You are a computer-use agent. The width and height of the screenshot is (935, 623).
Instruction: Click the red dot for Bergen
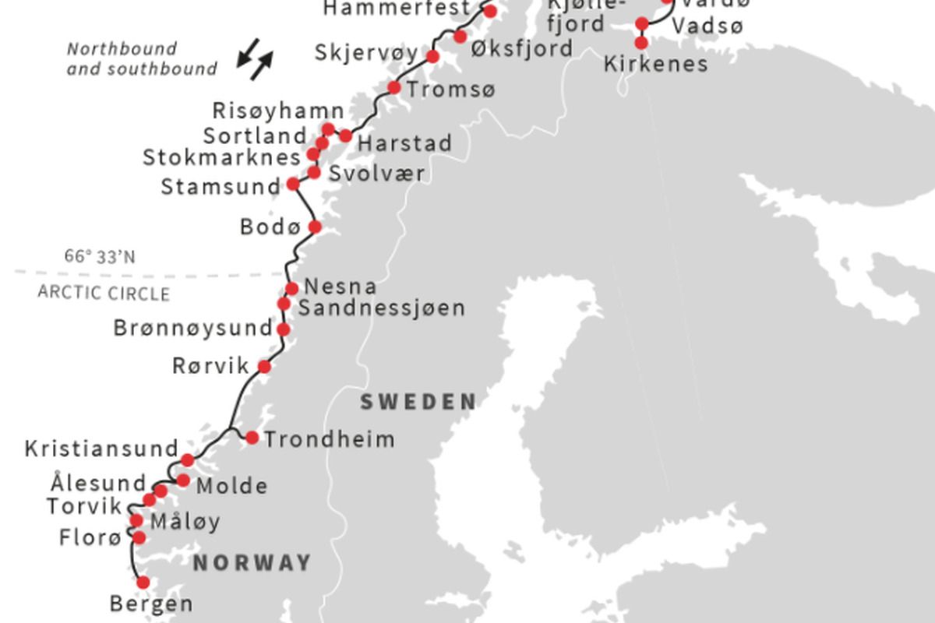[x=143, y=582]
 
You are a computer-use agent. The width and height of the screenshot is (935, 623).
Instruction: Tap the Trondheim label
[x=330, y=440]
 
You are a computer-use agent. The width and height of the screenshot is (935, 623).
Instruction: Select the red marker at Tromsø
[x=394, y=88]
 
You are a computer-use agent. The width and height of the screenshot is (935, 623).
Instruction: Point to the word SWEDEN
[x=418, y=403]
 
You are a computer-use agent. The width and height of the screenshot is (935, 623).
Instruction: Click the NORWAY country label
[x=252, y=563]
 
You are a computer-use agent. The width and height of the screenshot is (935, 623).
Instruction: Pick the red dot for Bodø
[x=315, y=227]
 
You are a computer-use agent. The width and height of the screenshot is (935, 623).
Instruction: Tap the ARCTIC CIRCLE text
[x=104, y=294]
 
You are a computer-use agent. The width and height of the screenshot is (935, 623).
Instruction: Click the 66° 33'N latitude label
[x=100, y=256]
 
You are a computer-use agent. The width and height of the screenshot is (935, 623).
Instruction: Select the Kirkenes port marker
[x=642, y=43]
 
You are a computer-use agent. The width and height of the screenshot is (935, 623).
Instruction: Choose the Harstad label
[x=404, y=144]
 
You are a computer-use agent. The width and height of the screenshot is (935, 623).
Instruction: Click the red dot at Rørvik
[x=264, y=366]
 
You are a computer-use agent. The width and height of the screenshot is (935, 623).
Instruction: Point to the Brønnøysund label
[x=192, y=328]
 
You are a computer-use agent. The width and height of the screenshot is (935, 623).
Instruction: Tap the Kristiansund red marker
[x=188, y=459]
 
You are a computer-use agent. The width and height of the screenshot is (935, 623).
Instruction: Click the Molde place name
[x=231, y=487]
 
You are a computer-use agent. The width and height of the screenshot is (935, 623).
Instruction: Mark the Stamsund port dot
[x=293, y=184]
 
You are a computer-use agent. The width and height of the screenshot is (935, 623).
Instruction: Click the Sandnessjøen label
[x=382, y=308]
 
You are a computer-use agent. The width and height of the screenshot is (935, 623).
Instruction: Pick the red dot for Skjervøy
[x=432, y=57]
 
